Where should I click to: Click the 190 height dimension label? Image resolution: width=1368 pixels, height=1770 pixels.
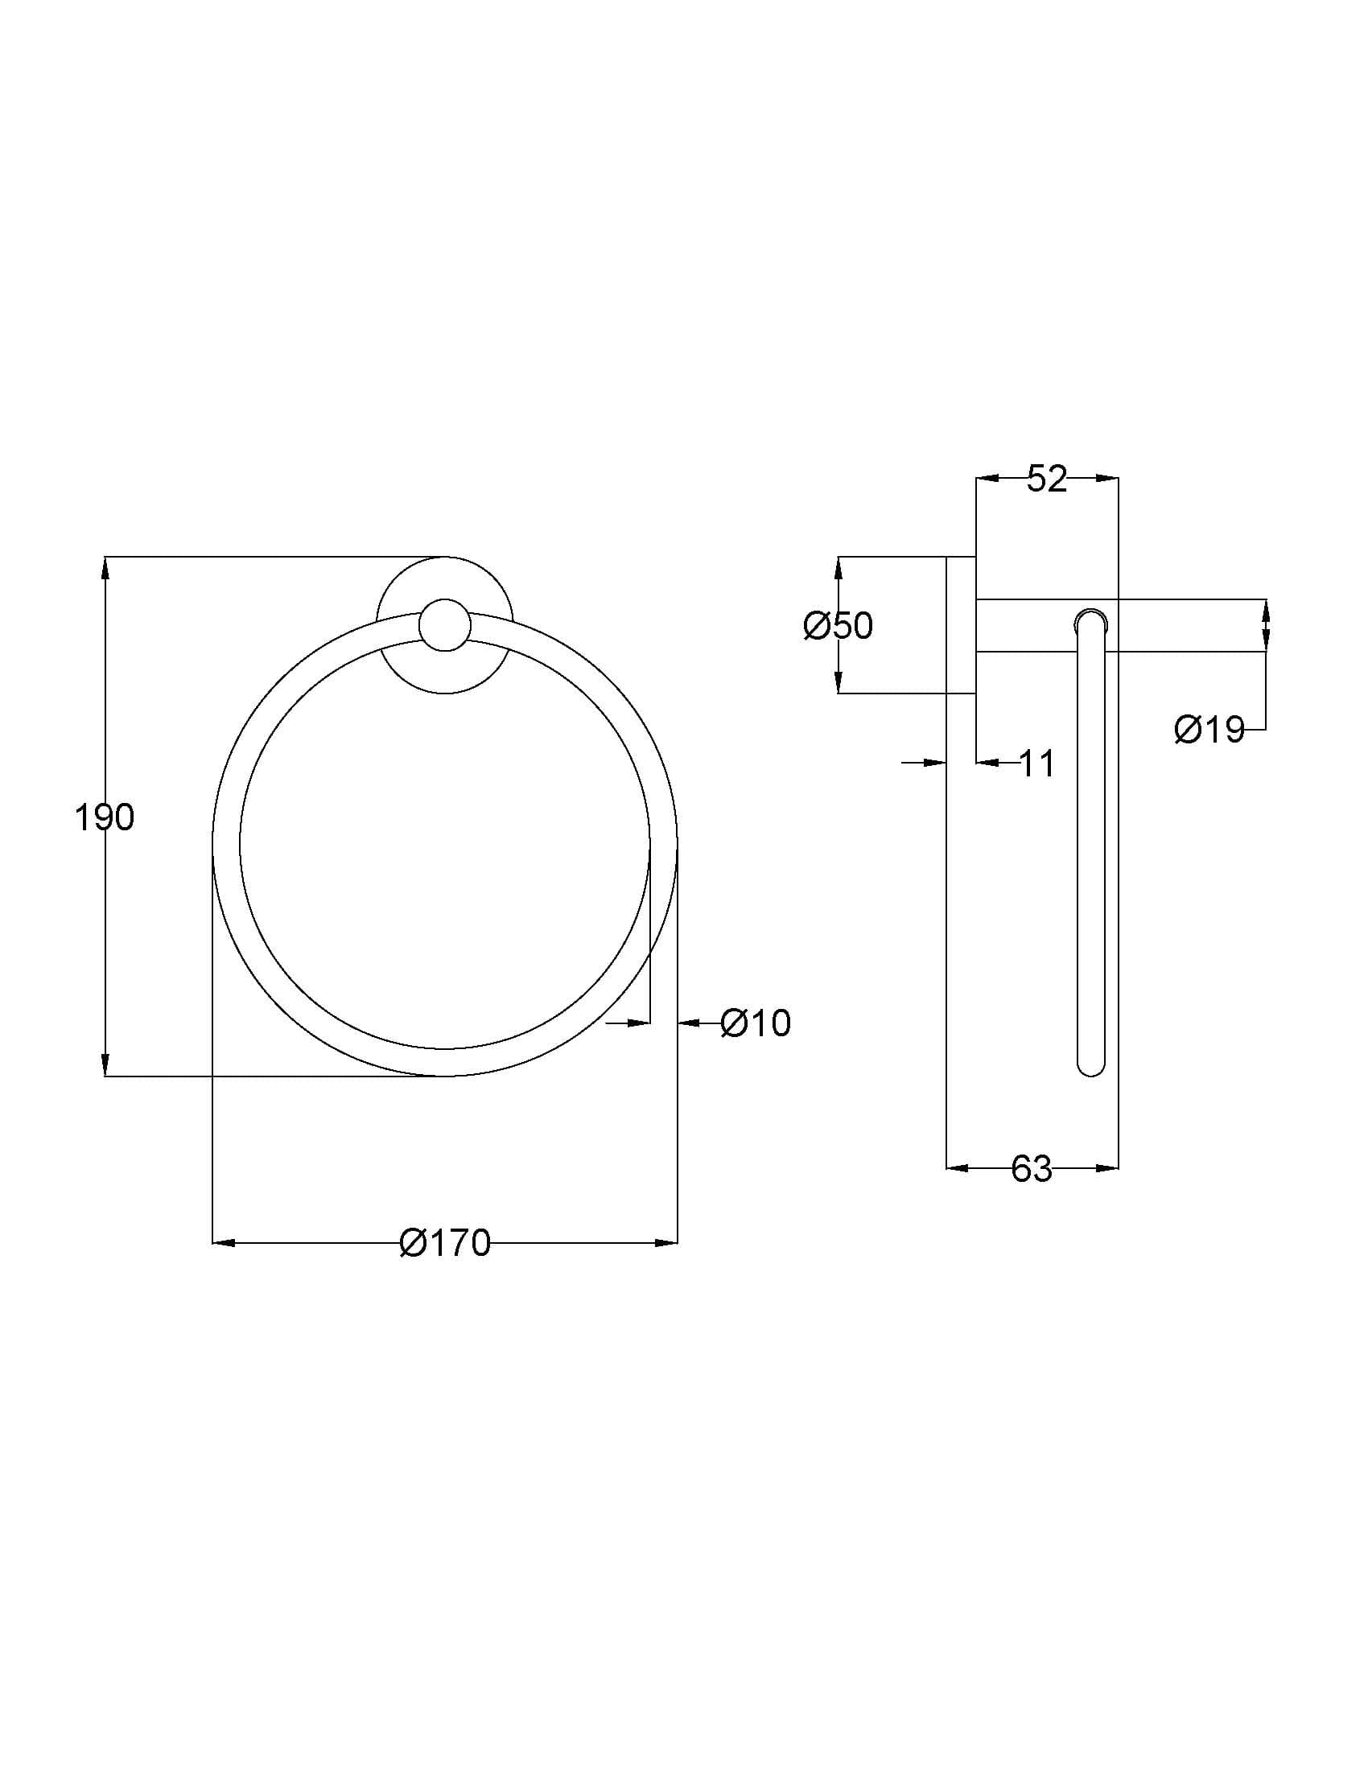[x=104, y=817]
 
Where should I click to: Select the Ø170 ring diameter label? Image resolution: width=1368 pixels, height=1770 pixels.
[x=445, y=1243]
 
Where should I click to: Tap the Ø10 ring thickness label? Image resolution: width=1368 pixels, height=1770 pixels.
[x=756, y=1023]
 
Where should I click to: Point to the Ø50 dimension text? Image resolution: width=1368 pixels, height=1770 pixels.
[x=838, y=626]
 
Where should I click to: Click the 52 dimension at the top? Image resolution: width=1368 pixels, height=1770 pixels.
[x=1047, y=479]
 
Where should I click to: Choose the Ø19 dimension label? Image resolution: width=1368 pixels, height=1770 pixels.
[x=1209, y=731]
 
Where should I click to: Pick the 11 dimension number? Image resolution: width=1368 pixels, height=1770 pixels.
[x=1036, y=764]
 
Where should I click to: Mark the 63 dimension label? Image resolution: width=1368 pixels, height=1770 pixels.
[x=1032, y=1169]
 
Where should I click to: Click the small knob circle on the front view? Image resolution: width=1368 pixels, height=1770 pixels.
[x=445, y=626]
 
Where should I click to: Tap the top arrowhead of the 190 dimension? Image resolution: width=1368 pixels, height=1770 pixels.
[x=105, y=568]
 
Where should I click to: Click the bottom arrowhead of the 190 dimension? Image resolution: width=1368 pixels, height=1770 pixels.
[x=105, y=1065]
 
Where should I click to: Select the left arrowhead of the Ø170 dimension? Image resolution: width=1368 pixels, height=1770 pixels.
[x=224, y=1242]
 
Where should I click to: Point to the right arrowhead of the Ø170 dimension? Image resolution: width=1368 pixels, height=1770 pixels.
[x=666, y=1242]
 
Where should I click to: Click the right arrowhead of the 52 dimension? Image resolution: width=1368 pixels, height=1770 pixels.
[x=1107, y=479]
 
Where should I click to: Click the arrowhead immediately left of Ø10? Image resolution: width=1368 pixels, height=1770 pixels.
[x=689, y=1023]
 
